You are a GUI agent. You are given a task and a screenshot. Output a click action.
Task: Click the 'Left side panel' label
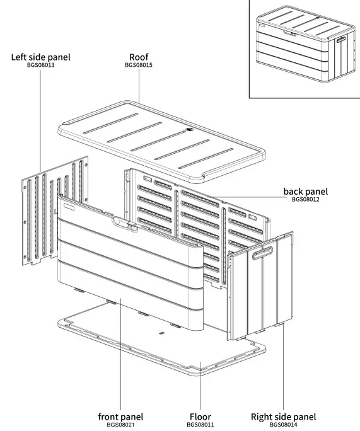click(41, 57)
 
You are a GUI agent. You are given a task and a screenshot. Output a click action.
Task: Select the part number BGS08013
click(41, 66)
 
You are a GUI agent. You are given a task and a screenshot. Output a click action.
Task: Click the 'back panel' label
click(305, 191)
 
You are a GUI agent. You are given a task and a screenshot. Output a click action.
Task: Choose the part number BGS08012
click(305, 199)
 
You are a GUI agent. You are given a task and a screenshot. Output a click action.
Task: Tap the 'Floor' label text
click(200, 417)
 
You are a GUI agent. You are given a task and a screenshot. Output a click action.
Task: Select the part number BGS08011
click(200, 425)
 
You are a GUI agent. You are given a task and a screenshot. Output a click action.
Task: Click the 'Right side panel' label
click(283, 417)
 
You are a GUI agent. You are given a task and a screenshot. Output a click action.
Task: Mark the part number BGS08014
click(283, 425)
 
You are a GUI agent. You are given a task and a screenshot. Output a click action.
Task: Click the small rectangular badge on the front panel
click(67, 205)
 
